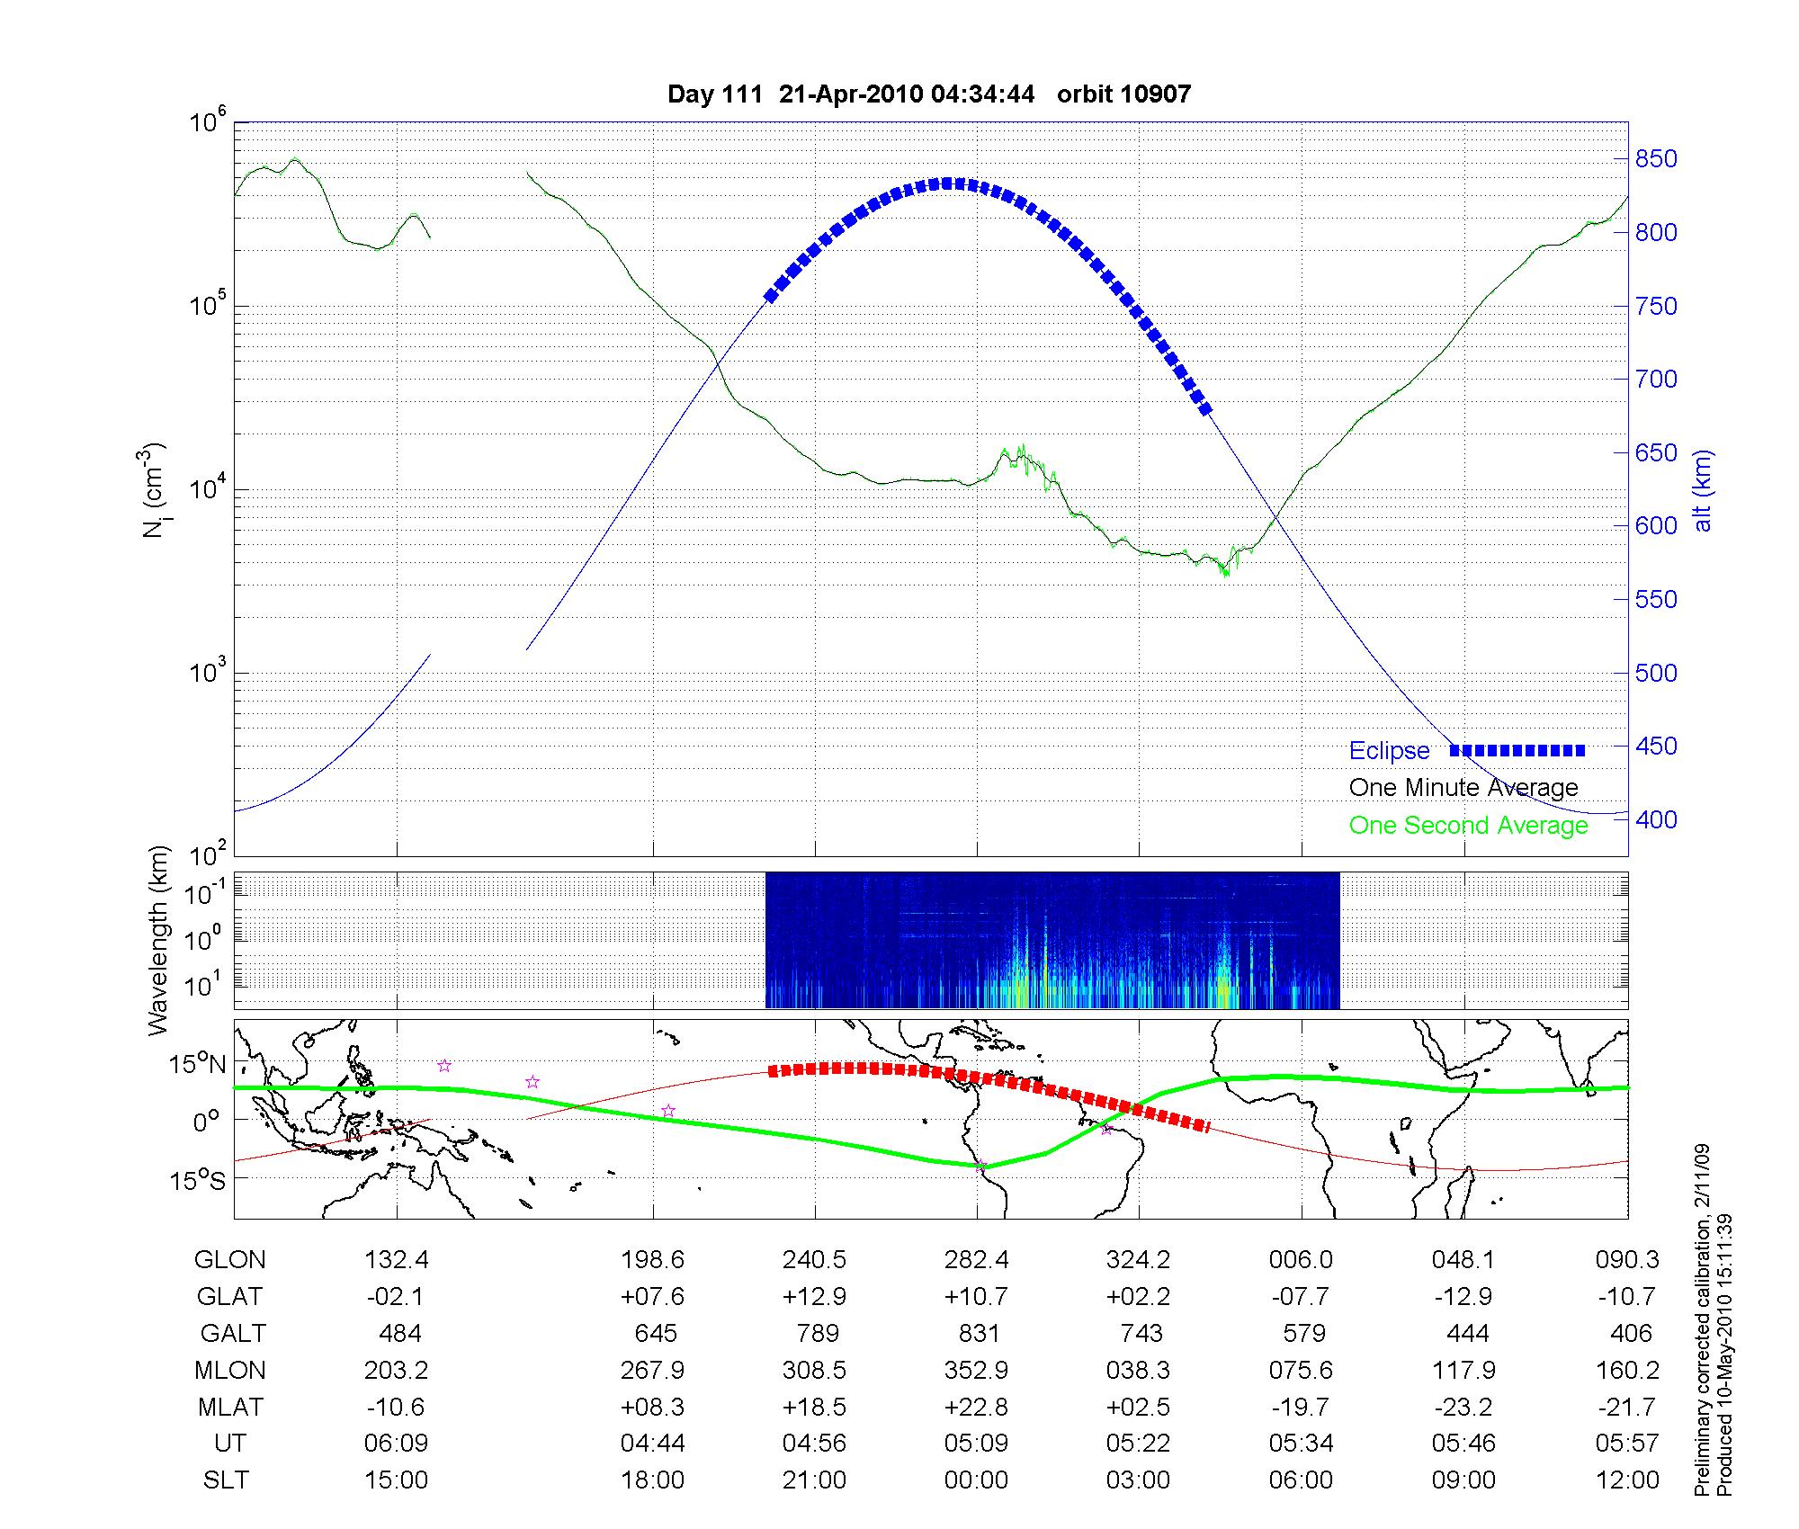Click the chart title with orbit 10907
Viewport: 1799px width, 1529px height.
929,94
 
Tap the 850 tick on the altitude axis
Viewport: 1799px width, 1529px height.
1656,159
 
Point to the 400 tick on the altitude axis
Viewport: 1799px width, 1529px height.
1656,820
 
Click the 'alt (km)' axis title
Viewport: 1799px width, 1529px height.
1703,491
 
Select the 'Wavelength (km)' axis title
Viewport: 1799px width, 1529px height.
158,940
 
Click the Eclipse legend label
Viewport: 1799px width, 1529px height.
1389,751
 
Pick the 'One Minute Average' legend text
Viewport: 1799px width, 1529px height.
1463,788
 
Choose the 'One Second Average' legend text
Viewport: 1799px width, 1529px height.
1468,826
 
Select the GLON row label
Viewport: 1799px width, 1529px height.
229,1260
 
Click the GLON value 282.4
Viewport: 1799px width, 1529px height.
976,1260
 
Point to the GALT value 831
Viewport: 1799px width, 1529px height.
979,1333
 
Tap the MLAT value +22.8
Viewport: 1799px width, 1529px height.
976,1407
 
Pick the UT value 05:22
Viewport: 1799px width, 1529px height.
1138,1444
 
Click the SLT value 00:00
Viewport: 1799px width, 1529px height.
976,1480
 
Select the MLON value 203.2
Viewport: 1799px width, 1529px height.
396,1370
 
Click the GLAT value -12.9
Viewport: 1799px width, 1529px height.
1463,1296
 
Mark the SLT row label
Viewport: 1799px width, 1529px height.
226,1480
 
